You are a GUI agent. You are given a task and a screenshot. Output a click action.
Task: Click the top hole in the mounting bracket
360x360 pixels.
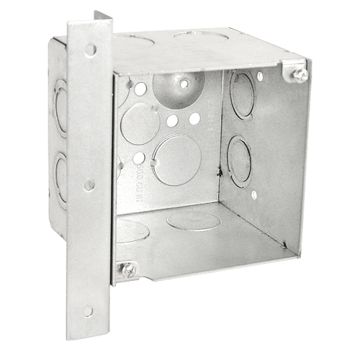click(90, 50)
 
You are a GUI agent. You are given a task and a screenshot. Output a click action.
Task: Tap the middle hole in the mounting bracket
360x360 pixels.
click(89, 185)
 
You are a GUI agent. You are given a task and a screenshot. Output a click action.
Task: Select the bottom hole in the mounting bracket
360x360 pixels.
click(88, 311)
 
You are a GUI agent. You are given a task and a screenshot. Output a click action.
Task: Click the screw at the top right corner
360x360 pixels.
click(300, 73)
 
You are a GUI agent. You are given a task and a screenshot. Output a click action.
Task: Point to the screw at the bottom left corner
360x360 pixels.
click(128, 269)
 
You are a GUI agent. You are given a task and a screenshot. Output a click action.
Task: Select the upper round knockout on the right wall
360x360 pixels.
click(242, 95)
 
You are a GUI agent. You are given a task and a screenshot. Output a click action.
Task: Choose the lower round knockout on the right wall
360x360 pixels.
click(239, 161)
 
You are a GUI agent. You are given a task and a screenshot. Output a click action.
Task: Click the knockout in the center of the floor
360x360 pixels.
click(193, 220)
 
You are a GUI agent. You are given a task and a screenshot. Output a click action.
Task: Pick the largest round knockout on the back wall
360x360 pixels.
click(176, 160)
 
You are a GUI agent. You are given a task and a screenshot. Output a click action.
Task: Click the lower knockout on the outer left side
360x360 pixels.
click(61, 176)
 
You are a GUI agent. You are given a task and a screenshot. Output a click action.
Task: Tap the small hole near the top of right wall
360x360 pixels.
click(259, 76)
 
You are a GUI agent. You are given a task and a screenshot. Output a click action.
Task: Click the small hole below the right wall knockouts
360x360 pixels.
click(254, 194)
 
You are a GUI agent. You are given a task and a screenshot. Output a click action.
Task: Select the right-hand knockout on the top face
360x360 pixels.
click(201, 35)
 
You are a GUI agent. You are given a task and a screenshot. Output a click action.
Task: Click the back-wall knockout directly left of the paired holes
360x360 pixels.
click(140, 123)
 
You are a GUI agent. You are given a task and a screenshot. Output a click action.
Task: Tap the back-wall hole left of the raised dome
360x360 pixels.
click(140, 89)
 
